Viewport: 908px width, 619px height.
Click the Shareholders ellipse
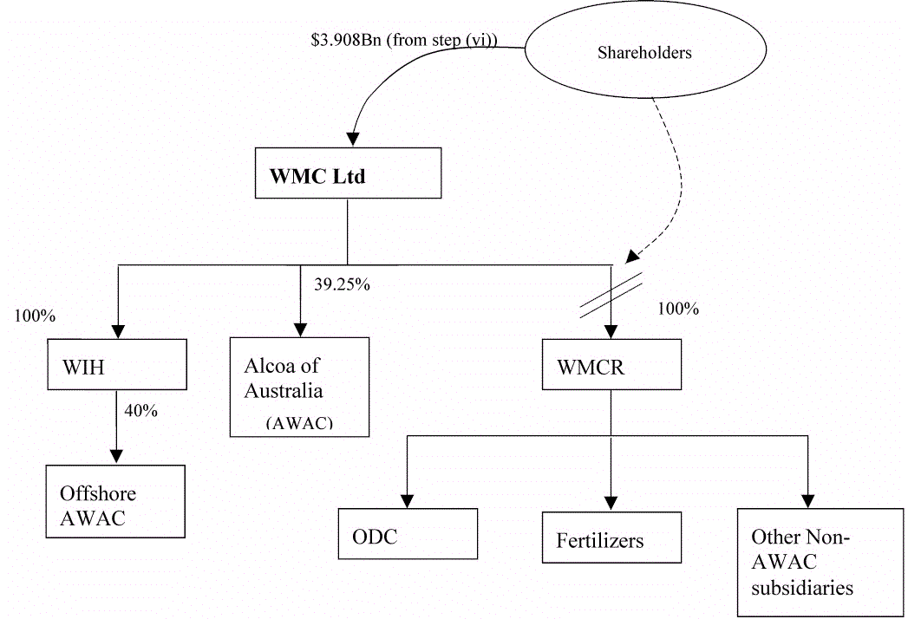pos(644,53)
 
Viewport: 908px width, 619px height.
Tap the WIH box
pos(117,364)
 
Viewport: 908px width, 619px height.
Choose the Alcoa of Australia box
pos(299,387)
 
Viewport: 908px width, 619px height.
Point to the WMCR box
pos(611,364)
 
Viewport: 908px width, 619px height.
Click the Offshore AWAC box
pos(116,501)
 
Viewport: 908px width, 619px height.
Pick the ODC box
pos(408,534)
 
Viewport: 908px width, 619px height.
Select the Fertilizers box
pos(611,538)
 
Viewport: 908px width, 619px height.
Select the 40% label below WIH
pos(141,411)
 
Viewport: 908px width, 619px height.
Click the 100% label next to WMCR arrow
pos(678,309)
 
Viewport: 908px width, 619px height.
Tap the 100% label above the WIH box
pos(35,316)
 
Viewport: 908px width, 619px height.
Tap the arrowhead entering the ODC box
pos(408,500)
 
